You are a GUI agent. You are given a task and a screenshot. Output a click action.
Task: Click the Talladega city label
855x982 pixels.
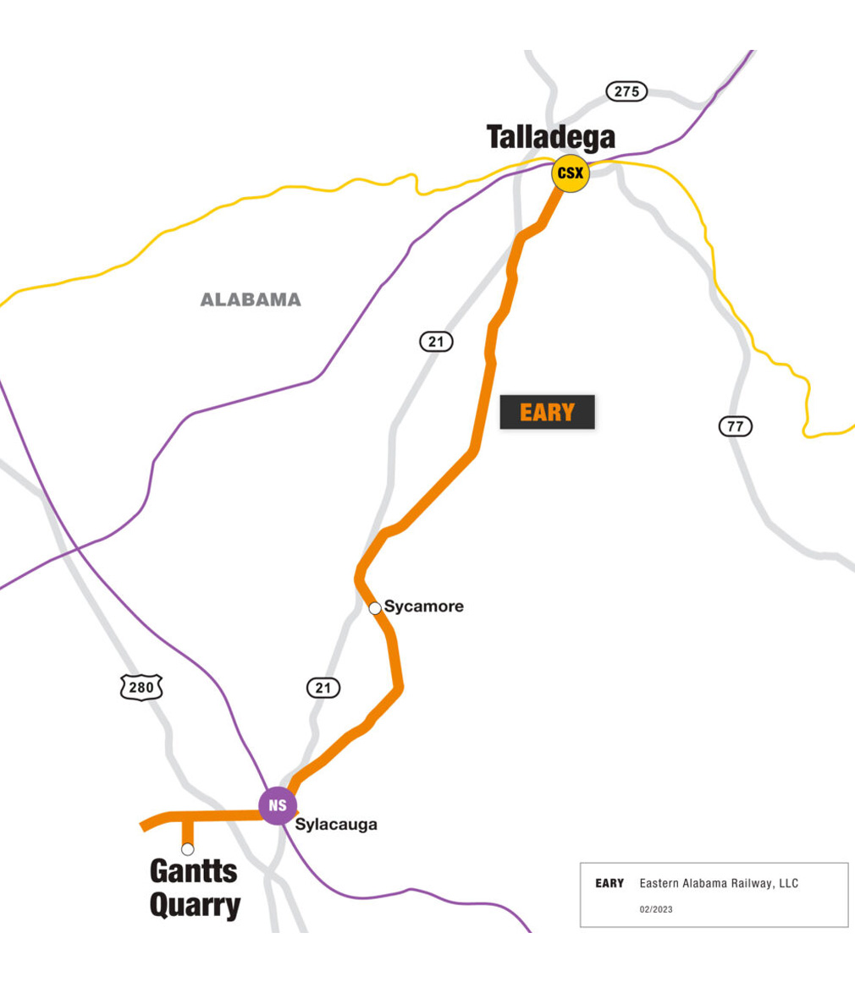click(550, 138)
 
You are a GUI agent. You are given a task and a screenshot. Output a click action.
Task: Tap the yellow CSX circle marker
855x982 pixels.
click(570, 174)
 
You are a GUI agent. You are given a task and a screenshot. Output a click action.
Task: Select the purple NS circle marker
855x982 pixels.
click(278, 805)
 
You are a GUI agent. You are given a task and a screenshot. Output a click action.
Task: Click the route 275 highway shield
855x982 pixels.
click(626, 91)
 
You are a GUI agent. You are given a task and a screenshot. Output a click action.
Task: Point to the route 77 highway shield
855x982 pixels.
click(735, 426)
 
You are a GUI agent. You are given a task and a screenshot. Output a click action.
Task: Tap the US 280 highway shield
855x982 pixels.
click(141, 687)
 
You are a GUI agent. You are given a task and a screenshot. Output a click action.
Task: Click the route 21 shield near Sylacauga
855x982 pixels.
click(323, 688)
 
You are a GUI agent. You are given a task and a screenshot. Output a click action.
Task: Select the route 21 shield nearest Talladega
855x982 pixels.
click(436, 342)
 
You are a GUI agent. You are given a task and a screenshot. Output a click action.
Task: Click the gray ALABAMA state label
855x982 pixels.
click(251, 299)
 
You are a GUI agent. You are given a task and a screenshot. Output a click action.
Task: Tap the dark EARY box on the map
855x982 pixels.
click(547, 413)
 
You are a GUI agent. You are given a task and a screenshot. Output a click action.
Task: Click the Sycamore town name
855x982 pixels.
click(423, 606)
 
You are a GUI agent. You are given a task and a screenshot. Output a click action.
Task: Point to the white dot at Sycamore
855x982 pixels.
click(375, 607)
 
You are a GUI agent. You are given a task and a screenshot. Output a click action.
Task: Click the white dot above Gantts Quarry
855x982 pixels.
click(188, 848)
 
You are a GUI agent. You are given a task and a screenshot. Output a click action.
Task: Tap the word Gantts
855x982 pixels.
click(193, 871)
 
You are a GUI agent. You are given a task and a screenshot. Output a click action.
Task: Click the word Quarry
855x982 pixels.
click(195, 906)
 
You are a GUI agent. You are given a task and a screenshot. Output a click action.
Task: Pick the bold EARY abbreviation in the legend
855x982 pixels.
click(610, 884)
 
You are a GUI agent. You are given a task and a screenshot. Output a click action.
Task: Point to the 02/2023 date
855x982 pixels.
click(656, 910)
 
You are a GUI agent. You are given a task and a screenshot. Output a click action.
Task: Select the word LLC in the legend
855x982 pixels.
click(787, 884)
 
